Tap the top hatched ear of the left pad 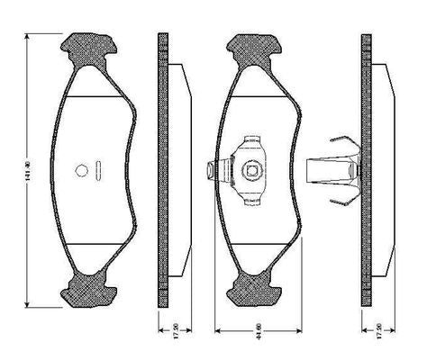pyautogui.click(x=91, y=48)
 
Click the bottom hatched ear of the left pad pyautogui.click(x=91, y=290)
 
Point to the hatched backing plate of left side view pyautogui.click(x=163, y=171)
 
